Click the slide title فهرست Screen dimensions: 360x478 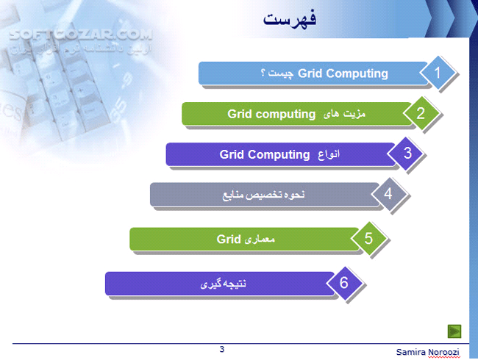coord(290,19)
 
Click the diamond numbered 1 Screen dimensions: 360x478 coord(438,73)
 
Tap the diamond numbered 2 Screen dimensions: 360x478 coord(421,113)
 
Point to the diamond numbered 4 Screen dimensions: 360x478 coord(388,195)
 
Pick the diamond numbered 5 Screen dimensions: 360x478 coord(368,238)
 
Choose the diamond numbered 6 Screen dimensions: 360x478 coord(343,282)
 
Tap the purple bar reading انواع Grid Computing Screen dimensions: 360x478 coord(280,154)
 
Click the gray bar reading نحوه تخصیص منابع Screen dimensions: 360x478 coord(264,195)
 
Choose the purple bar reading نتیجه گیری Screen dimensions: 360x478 coord(221,283)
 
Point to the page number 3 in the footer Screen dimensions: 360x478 coord(221,349)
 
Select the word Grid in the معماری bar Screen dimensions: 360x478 coord(229,239)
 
